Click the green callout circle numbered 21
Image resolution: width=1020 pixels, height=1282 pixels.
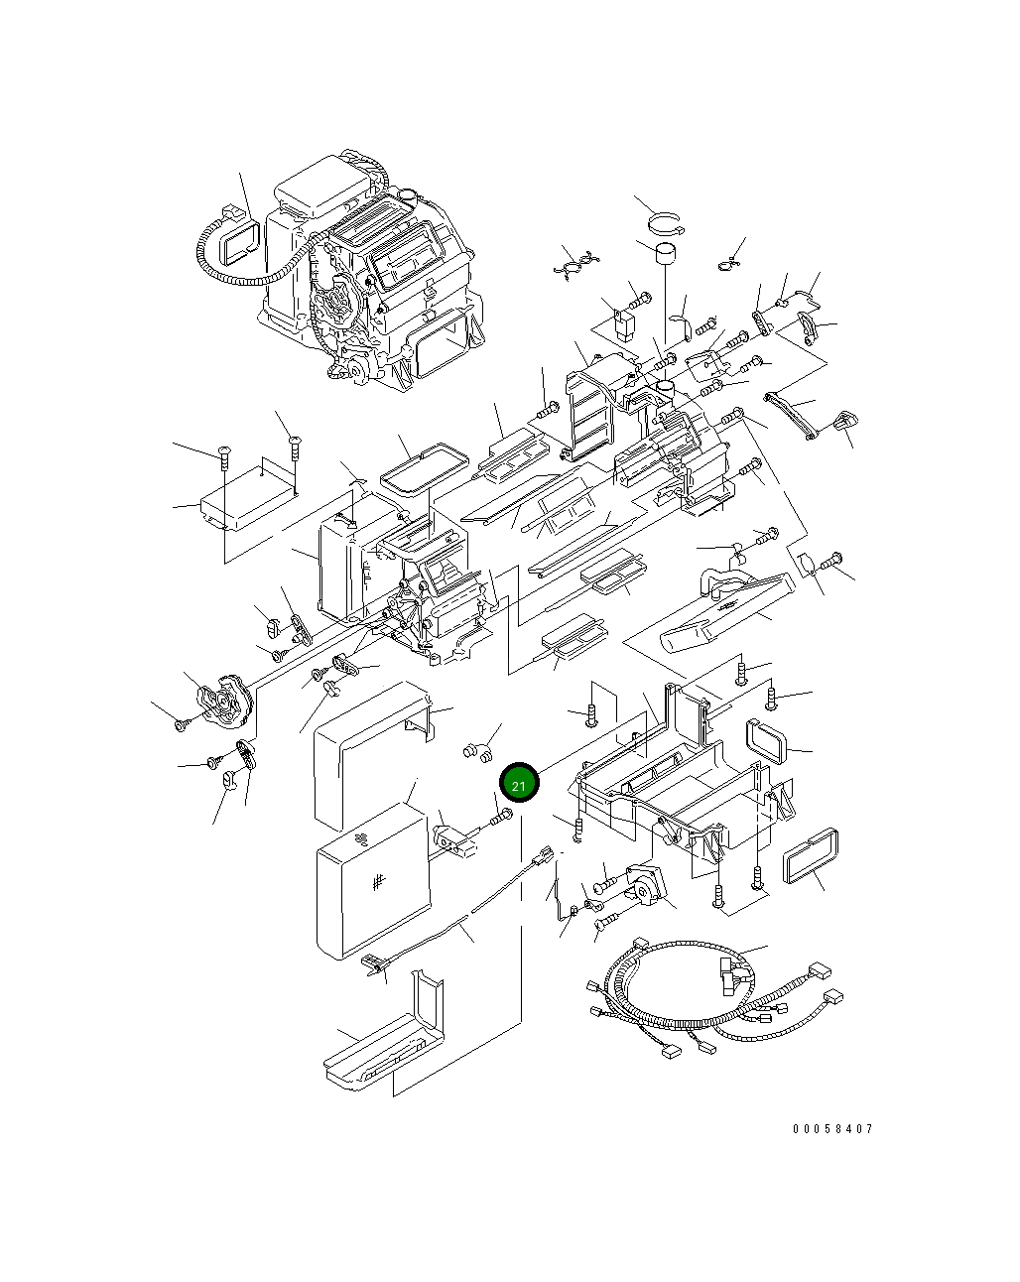518,783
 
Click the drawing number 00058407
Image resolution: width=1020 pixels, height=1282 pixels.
832,1129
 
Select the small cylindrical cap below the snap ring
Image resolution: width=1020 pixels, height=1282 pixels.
662,254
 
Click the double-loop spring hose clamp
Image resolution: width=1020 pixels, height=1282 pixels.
576,264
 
